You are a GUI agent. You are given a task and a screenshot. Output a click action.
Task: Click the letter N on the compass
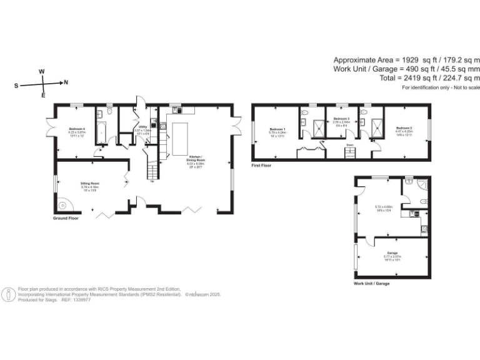(x=66, y=82)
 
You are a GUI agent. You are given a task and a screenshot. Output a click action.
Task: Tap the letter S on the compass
(x=16, y=85)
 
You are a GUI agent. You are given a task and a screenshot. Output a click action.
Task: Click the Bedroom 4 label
(x=76, y=129)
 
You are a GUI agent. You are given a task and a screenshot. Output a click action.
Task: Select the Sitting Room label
(x=72, y=182)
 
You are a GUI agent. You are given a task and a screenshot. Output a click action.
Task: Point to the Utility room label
(x=142, y=127)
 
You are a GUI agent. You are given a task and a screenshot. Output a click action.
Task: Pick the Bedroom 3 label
(x=341, y=118)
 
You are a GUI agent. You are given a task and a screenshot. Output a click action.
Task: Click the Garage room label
(x=391, y=252)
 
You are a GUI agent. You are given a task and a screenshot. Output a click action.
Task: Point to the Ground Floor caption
(x=66, y=219)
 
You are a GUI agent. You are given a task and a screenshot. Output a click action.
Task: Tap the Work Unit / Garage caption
(x=371, y=283)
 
